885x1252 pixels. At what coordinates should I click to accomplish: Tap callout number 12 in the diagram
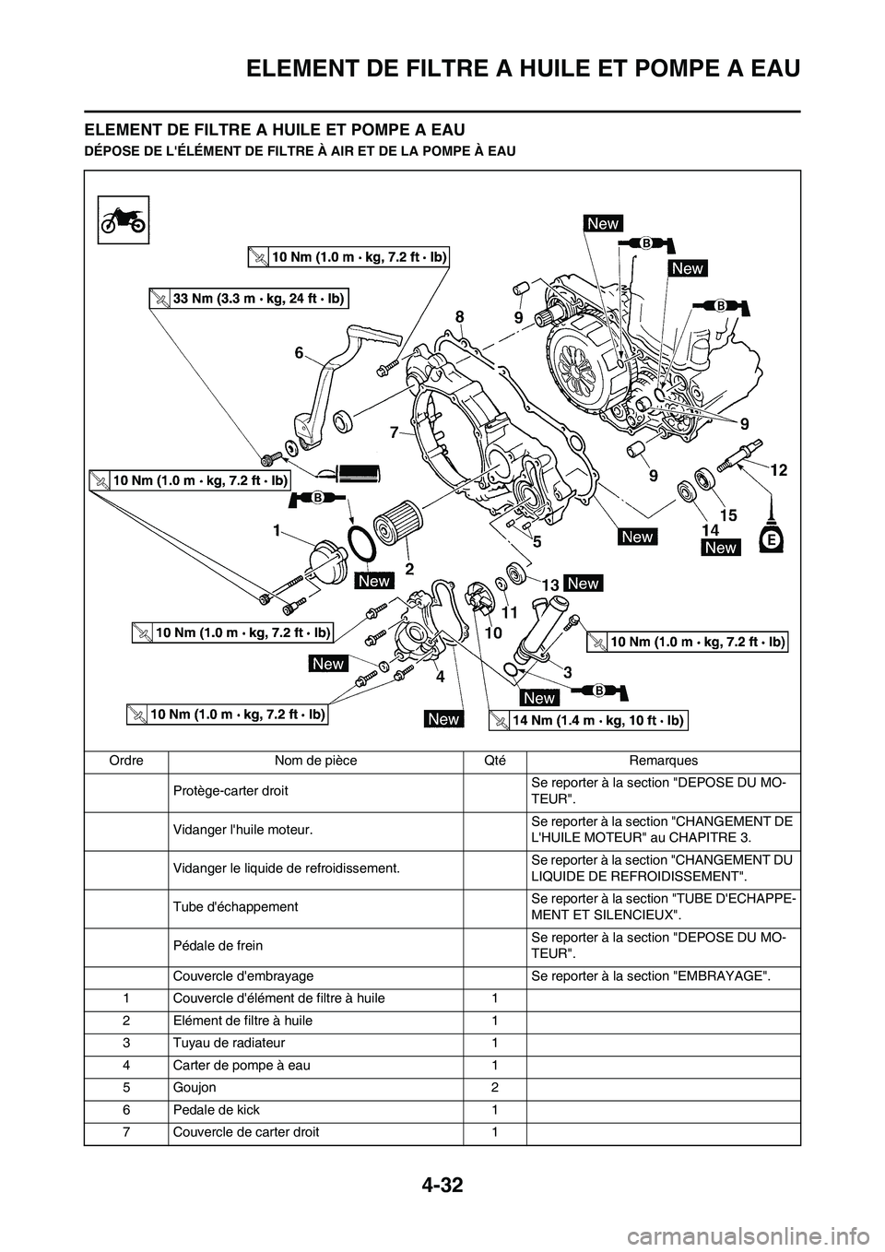coord(778,469)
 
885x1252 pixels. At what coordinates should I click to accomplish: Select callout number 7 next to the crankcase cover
coord(394,431)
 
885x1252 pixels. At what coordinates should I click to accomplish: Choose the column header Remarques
coord(663,761)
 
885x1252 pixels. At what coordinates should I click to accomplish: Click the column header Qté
coord(494,761)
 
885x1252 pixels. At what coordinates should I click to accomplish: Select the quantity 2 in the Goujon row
coord(494,1088)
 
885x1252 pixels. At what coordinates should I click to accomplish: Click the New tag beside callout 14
coord(720,548)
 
